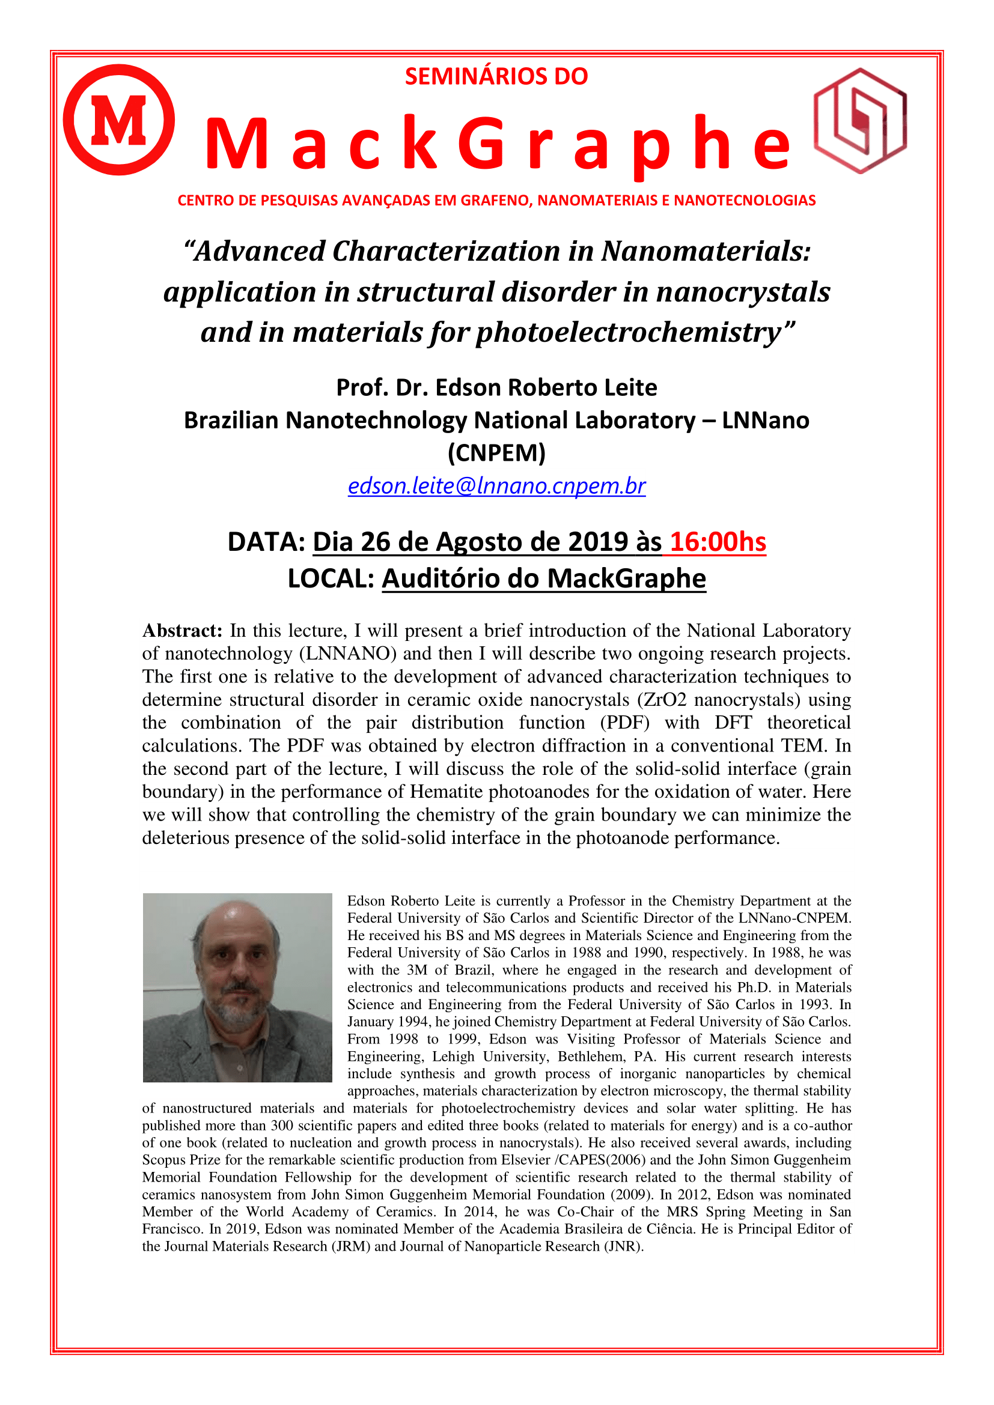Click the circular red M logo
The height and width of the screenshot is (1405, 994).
[119, 120]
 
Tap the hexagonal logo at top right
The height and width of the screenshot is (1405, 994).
[860, 121]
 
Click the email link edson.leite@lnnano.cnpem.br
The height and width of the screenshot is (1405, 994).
[496, 485]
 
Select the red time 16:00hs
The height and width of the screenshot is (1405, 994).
[718, 542]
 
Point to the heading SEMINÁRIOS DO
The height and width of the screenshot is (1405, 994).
[496, 76]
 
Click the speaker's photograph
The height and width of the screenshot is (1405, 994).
[237, 988]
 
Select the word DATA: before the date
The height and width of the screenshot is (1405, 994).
[266, 542]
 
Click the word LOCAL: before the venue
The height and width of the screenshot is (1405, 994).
[331, 578]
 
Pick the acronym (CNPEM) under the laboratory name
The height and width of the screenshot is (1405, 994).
[496, 453]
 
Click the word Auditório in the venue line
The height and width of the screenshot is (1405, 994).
[443, 578]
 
